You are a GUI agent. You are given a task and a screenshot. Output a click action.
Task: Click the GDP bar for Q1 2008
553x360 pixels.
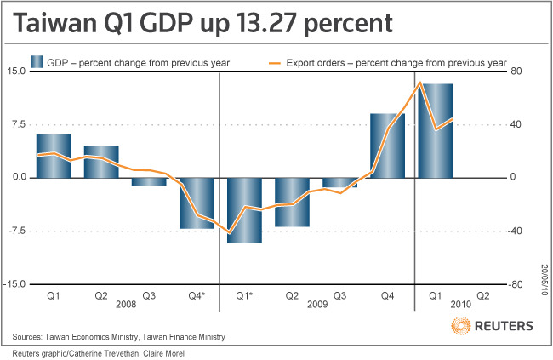point(53,156)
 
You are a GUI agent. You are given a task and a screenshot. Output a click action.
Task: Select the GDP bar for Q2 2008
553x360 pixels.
point(100,162)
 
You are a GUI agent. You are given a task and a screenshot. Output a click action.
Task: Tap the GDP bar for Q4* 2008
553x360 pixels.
point(197,203)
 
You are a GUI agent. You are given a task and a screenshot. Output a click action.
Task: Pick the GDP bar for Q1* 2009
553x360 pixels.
point(244,209)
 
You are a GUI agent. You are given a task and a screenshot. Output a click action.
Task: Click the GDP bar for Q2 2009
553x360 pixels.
point(292,202)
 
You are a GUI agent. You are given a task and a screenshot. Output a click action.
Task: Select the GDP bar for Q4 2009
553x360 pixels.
point(387,146)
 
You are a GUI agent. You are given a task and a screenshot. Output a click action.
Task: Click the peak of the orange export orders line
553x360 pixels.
point(419,83)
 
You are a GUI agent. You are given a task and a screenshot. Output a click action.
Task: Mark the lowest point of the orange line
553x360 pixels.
point(230,232)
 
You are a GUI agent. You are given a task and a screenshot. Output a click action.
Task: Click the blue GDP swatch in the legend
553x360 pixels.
point(37,62)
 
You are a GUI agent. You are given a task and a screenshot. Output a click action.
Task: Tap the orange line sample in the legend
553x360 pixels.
point(275,62)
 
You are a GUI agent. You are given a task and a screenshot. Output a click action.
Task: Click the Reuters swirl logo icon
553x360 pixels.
point(460,325)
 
